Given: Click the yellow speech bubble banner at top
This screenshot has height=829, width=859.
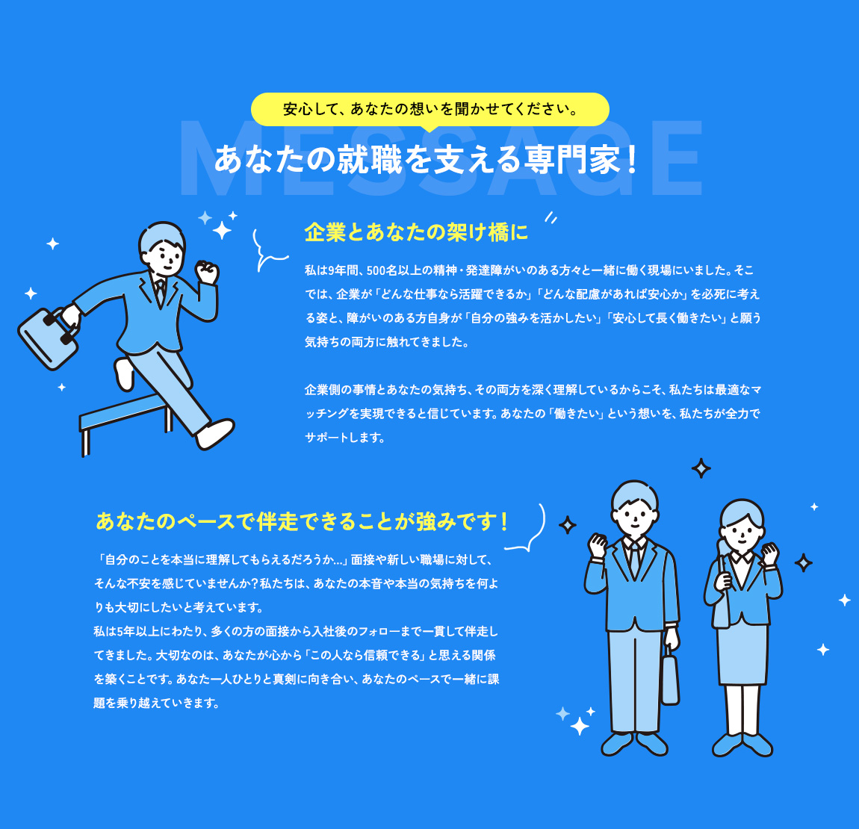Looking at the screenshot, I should coord(429,109).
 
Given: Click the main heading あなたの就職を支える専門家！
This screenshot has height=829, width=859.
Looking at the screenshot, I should coord(427,159).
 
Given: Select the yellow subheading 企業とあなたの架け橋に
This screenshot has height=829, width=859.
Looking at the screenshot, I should coord(416,232).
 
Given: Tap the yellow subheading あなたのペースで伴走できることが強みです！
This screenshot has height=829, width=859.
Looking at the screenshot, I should coord(303,521).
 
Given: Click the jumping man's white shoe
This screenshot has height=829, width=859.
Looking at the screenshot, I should coord(215,433).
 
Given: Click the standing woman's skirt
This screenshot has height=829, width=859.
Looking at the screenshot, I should coord(742,654).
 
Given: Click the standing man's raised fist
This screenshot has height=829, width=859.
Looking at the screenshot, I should coord(598,545).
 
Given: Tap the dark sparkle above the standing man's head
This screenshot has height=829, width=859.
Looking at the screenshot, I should coord(701,468).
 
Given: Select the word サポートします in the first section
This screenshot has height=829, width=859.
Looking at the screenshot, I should coord(345,438).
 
